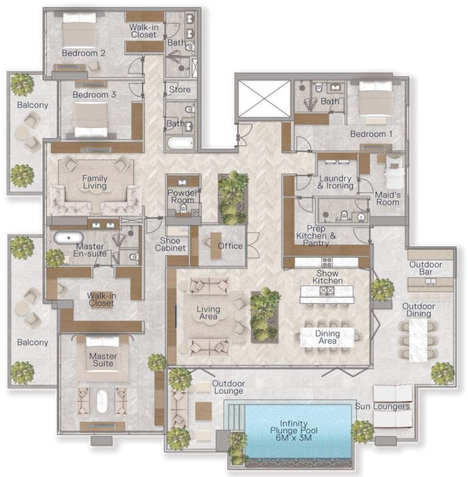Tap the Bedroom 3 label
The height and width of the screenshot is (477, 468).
coord(94,95)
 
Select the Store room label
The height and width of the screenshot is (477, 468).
coord(180,89)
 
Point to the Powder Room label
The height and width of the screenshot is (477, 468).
coord(183,197)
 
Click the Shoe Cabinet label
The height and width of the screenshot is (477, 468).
coord(166,243)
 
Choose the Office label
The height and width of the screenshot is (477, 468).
coord(230,246)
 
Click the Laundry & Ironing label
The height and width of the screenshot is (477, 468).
coord(335,181)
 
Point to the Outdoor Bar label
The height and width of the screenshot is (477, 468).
coord(430,268)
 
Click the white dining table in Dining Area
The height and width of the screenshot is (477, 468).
coord(327,337)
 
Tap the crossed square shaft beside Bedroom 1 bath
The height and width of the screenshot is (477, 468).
coord(264,99)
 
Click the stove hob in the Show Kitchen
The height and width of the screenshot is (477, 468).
coord(327,263)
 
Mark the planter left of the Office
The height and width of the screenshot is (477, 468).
coord(233,197)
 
